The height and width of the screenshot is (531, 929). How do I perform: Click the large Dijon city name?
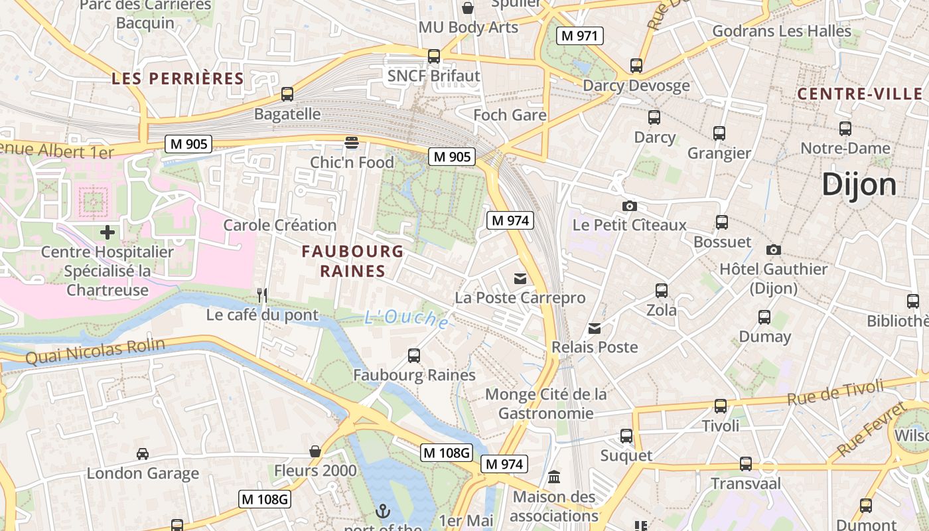point(859,185)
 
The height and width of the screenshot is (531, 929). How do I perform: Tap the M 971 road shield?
point(579,36)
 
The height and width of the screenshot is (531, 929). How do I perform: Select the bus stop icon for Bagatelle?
point(287,94)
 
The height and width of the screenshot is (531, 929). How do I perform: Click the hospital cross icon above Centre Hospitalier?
point(107,232)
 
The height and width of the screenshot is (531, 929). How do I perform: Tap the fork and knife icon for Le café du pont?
point(262,295)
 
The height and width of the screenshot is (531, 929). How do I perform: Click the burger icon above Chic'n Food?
point(352,142)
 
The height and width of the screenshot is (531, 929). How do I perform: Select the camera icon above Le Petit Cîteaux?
point(630,206)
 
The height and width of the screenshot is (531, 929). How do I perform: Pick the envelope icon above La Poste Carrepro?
point(520,278)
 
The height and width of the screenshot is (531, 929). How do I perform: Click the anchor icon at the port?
point(382,510)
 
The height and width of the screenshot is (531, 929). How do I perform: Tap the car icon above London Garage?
point(143,454)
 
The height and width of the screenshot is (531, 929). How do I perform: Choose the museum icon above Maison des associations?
point(554,477)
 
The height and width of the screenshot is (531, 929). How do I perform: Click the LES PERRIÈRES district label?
point(178,78)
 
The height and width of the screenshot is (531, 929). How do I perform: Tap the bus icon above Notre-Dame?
point(845,129)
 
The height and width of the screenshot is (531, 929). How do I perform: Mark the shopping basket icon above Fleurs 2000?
point(315,452)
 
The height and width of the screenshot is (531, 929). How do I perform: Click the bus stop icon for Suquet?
point(626,436)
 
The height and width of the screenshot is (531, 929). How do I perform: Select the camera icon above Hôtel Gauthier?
point(773,250)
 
